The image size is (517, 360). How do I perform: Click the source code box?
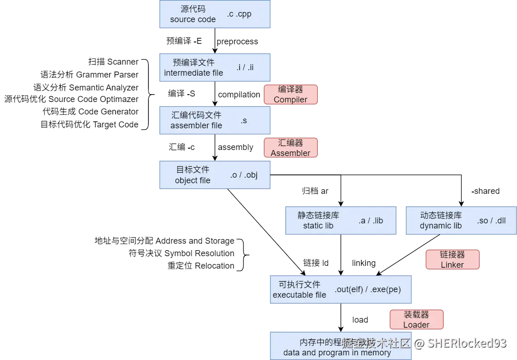click(x=193, y=14)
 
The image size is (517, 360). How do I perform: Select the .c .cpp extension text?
click(x=239, y=14)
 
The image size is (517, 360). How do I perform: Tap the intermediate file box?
click(x=193, y=68)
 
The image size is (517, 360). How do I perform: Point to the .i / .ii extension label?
click(x=244, y=67)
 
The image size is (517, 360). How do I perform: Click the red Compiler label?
click(x=291, y=95)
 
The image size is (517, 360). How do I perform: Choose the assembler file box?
click(x=196, y=120)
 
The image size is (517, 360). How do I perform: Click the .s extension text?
click(x=244, y=120)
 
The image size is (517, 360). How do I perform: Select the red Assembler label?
click(x=291, y=148)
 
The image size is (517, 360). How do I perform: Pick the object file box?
click(x=193, y=175)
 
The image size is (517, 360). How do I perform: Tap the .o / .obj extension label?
click(x=244, y=175)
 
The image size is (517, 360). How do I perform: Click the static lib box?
click(x=318, y=220)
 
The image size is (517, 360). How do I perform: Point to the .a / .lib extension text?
click(x=371, y=220)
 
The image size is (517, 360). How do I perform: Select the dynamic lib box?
click(x=441, y=220)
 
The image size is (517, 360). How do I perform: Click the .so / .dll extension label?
click(x=491, y=221)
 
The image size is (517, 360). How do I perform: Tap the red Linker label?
click(x=452, y=259)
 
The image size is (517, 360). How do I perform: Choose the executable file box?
click(x=299, y=289)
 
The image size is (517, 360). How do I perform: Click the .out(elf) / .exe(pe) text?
click(x=368, y=289)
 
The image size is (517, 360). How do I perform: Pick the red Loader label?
click(x=416, y=319)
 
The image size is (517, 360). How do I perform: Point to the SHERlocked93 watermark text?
click(x=466, y=343)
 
